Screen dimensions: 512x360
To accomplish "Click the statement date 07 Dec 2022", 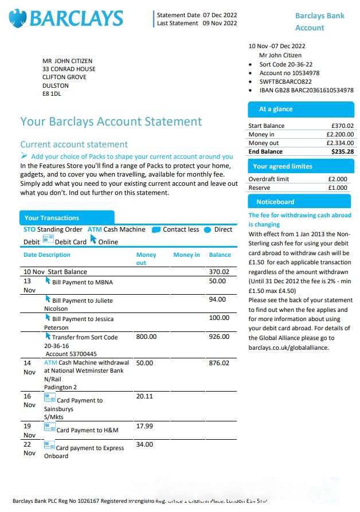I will click(x=220, y=15).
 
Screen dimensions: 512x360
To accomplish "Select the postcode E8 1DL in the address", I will click(x=52, y=93).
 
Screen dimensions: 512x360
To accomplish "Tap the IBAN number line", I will click(x=306, y=90).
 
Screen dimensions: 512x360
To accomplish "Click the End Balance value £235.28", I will click(x=342, y=151).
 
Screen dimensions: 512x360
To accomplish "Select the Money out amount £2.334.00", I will click(x=340, y=143).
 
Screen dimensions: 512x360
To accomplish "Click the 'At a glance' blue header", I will click(x=276, y=109).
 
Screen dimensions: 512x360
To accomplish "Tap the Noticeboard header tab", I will click(x=275, y=202).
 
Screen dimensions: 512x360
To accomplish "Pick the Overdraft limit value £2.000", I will click(x=337, y=179).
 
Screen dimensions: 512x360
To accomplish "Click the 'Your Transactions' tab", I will click(x=52, y=218).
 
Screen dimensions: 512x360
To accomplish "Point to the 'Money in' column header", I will click(x=186, y=255).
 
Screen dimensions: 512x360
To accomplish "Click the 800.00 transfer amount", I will click(x=146, y=337).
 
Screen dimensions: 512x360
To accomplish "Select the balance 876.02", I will click(x=219, y=363).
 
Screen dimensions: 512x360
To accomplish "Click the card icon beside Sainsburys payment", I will click(x=50, y=398).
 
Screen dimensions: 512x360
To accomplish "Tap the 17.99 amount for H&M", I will click(x=144, y=426).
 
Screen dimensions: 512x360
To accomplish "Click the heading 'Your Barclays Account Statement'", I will click(x=111, y=122).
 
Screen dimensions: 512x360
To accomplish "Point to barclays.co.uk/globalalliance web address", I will click(x=292, y=347).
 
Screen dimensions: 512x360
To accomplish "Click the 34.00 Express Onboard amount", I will click(x=144, y=444).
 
